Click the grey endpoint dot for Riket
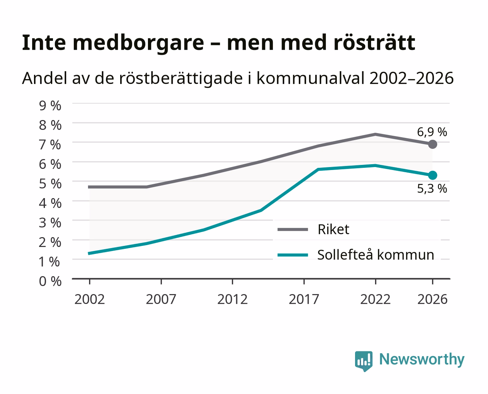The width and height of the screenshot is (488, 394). (x=432, y=144)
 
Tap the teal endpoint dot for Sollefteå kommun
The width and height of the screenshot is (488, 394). (x=432, y=175)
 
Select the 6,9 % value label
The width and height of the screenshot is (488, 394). (x=432, y=132)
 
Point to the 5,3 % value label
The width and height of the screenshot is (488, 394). (x=432, y=189)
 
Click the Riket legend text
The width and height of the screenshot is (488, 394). (x=333, y=229)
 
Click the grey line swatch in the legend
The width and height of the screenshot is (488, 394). (x=293, y=229)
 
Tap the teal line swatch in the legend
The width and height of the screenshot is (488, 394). (x=293, y=255)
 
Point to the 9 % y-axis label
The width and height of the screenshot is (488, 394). (x=50, y=106)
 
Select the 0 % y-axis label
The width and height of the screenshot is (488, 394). (x=50, y=281)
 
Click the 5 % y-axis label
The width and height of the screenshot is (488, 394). (x=50, y=184)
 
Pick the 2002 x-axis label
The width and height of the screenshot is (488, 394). (x=89, y=299)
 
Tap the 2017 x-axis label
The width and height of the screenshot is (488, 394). (x=304, y=299)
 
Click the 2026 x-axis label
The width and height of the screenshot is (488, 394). (x=432, y=299)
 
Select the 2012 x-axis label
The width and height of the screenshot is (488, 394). (x=232, y=299)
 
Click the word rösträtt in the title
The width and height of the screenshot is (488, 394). (x=374, y=43)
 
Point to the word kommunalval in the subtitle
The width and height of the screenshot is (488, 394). (x=310, y=78)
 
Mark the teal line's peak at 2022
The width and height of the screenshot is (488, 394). (x=375, y=165)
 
